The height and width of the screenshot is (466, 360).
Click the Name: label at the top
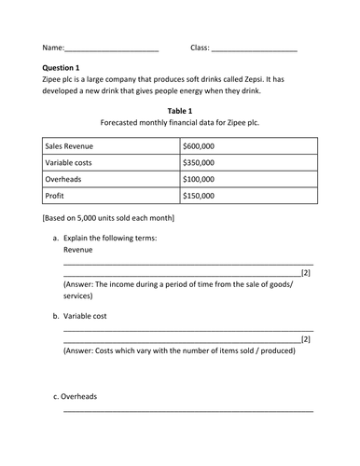53,47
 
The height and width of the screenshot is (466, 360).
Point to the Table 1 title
179,110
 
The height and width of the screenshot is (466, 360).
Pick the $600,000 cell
200,146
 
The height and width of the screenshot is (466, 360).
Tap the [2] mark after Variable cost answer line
306,339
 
